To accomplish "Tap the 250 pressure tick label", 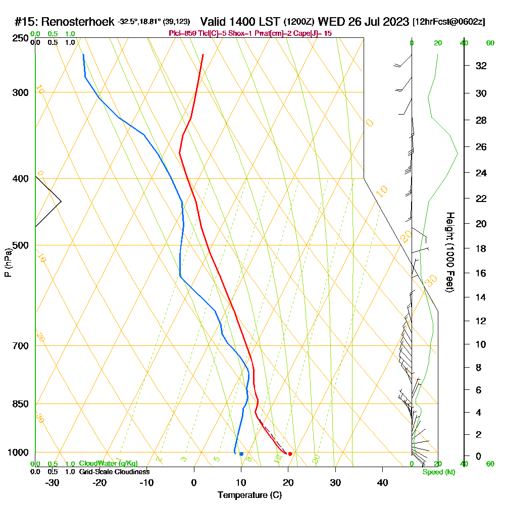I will pos(19,38).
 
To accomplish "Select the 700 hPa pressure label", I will pos(19,346).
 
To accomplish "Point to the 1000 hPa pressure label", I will pos(17,452).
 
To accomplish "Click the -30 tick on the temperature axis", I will pos(53,483).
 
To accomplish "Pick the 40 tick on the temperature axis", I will pos(382,483).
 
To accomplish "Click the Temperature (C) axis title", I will pos(249,495).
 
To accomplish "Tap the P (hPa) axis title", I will pos(8,263).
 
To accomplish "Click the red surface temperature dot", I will pos(290,453).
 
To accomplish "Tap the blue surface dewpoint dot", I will pos(241,453).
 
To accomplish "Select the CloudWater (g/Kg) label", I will pos(108,464).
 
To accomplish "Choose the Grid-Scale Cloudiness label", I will pos(114,472).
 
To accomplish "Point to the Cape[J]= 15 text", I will pos(313,33).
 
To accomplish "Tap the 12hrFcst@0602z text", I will pos(449,22).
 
